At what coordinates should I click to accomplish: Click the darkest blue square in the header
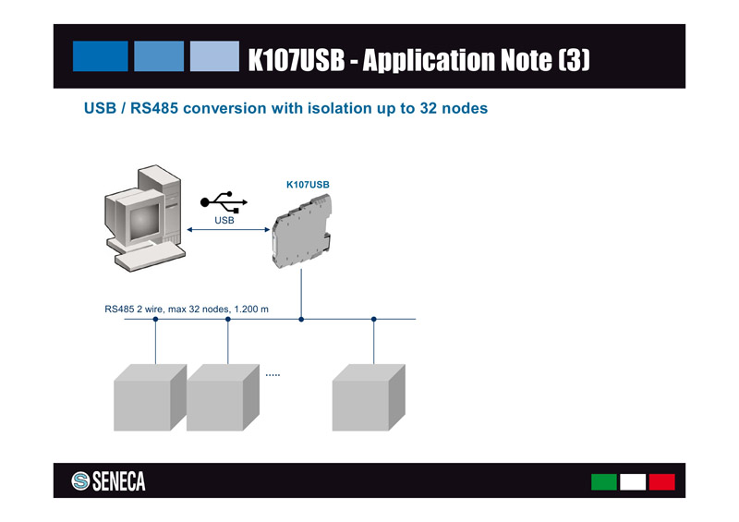101,56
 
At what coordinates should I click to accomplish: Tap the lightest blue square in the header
214,56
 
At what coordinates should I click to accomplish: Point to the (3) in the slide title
573,61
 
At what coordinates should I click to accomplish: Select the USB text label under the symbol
224,221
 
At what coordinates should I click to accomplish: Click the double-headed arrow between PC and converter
226,230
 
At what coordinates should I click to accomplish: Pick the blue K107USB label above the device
308,185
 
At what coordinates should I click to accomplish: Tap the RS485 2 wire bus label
187,308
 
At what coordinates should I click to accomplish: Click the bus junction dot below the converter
301,319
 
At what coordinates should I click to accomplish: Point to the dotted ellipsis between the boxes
273,375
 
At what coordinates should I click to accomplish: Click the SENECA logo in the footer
109,481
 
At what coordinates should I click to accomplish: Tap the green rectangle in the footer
604,481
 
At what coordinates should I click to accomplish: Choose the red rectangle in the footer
661,481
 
